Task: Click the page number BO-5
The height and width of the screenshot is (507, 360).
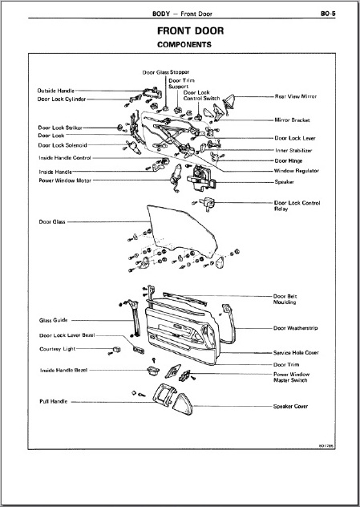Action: point(328,14)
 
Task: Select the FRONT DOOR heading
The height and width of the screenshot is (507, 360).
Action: point(190,31)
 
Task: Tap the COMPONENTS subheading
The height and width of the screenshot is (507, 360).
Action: point(184,45)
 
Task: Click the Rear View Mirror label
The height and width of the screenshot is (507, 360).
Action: point(296,96)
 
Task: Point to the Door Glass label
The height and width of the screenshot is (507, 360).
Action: point(52,221)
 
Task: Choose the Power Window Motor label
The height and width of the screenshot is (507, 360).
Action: point(65,180)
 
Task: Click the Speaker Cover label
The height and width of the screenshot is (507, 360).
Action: point(290,406)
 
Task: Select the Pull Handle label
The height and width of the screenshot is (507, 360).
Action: point(54,401)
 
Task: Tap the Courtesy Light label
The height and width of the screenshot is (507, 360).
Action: point(58,349)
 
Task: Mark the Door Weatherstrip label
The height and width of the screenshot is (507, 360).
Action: point(295,328)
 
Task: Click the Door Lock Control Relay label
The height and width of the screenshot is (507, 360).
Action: point(297,205)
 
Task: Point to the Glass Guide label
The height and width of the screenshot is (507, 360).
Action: point(54,320)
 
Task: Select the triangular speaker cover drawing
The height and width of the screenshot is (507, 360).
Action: point(183,404)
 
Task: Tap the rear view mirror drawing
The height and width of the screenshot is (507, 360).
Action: point(229,103)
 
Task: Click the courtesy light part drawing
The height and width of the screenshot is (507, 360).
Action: point(117,349)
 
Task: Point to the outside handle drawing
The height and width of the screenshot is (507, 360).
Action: point(152,93)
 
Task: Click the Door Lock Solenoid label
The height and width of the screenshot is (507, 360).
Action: point(63,145)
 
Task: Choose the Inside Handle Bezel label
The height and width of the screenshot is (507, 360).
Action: point(63,370)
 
